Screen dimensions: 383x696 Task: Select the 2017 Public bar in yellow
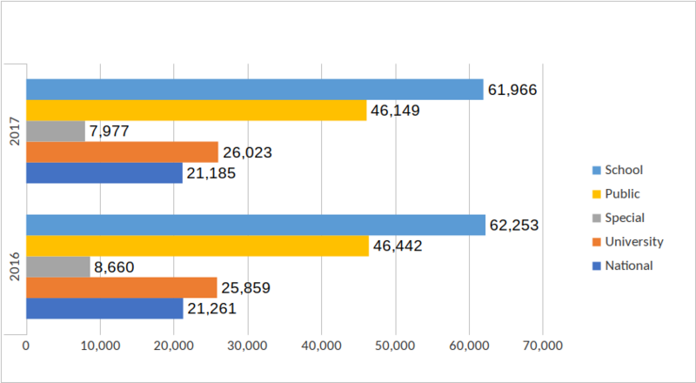tap(196, 110)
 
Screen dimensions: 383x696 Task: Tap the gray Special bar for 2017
tap(55, 131)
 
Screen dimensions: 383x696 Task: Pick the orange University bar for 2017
tap(122, 152)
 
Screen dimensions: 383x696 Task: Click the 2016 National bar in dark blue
tap(104, 308)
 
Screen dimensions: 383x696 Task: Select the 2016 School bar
tap(255, 225)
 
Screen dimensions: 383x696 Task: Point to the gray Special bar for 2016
tap(57, 267)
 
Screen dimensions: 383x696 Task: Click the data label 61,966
tap(512, 89)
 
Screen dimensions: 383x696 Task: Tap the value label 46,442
tap(397, 246)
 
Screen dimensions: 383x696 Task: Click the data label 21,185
tap(211, 173)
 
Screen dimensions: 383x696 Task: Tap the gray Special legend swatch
tap(596, 218)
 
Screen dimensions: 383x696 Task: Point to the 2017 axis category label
tap(14, 131)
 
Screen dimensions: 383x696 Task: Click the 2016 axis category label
tap(14, 266)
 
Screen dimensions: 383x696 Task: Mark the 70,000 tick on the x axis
tap(543, 346)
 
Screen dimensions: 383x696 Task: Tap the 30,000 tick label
tap(248, 346)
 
